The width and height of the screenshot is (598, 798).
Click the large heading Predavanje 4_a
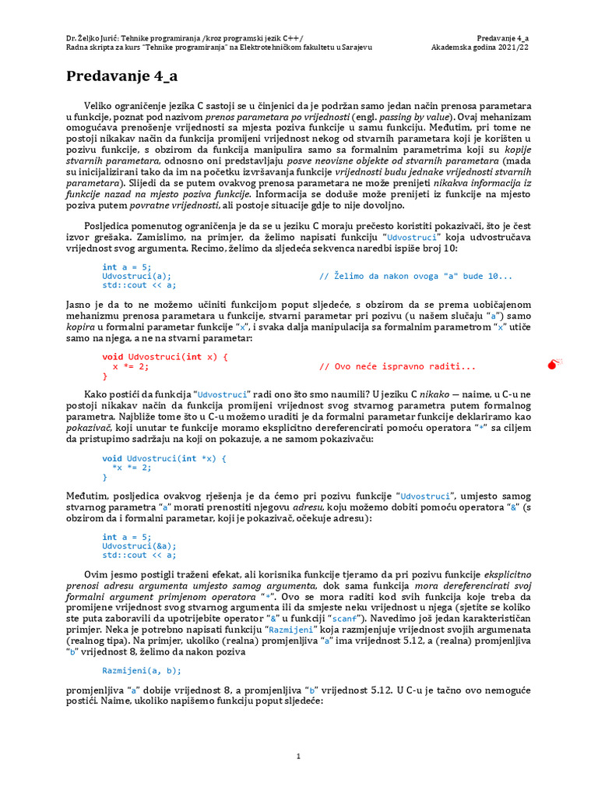click(121, 76)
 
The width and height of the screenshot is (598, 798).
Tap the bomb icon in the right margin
click(554, 362)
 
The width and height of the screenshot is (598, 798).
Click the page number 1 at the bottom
click(299, 756)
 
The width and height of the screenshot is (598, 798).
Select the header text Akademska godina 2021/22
click(480, 47)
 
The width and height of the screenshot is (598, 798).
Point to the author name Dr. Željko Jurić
click(93, 37)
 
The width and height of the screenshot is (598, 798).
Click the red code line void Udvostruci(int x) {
click(165, 357)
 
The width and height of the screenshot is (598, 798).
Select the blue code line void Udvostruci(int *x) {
click(164, 459)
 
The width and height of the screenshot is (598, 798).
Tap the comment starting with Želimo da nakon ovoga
click(416, 276)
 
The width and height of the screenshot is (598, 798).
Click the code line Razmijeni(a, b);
click(142, 670)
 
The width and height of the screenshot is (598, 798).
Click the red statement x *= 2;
click(131, 366)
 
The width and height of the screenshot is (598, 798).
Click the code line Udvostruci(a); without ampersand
click(137, 276)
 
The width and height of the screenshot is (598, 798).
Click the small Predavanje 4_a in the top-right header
click(503, 37)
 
